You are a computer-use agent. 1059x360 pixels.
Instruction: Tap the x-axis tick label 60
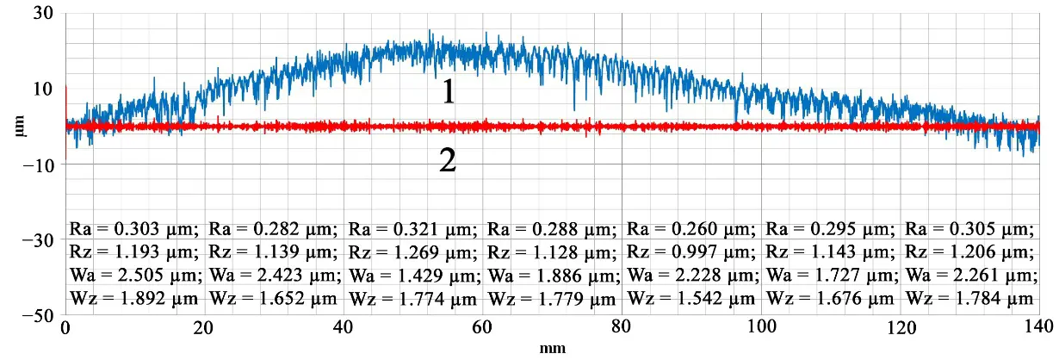pyautogui.click(x=483, y=329)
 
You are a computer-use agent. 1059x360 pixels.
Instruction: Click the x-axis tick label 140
pyautogui.click(x=1038, y=329)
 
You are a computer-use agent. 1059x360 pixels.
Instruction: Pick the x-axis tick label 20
pyautogui.click(x=204, y=329)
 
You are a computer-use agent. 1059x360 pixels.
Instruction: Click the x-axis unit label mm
pyautogui.click(x=552, y=350)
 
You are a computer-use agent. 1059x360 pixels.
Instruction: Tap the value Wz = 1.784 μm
pyautogui.click(x=969, y=298)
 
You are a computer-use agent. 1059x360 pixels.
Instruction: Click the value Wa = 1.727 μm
pyautogui.click(x=830, y=275)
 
